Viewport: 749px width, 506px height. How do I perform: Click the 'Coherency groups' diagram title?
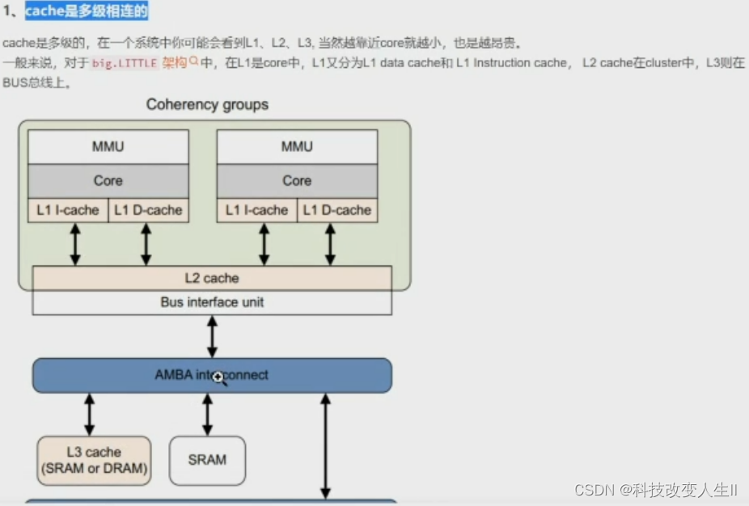click(x=207, y=105)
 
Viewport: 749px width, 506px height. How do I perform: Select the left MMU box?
click(x=108, y=147)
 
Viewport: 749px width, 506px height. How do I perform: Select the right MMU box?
click(x=297, y=147)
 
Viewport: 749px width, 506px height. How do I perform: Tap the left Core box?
click(x=108, y=180)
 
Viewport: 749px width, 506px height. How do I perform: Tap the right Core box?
click(x=297, y=180)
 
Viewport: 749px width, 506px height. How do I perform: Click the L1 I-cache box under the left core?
click(x=68, y=210)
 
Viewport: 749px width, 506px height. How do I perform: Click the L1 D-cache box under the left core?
click(x=148, y=210)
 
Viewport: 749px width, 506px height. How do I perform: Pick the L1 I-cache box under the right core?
click(x=257, y=210)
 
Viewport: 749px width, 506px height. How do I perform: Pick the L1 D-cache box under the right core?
click(x=337, y=210)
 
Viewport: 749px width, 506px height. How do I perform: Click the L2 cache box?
click(x=212, y=278)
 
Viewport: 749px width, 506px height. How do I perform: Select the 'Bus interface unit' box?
click(x=212, y=302)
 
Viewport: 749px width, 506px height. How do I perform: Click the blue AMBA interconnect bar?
click(x=212, y=376)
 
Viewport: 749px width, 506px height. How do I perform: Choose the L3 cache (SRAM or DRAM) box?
click(x=94, y=461)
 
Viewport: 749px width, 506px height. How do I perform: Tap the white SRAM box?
click(x=207, y=460)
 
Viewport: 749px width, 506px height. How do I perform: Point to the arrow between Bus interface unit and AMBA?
click(x=212, y=336)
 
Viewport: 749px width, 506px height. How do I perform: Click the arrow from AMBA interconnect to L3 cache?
click(x=89, y=415)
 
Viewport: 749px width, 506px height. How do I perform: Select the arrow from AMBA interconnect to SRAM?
click(x=207, y=415)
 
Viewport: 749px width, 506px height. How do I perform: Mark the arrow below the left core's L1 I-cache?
click(x=75, y=244)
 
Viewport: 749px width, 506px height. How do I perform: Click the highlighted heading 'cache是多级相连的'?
click(x=86, y=11)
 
